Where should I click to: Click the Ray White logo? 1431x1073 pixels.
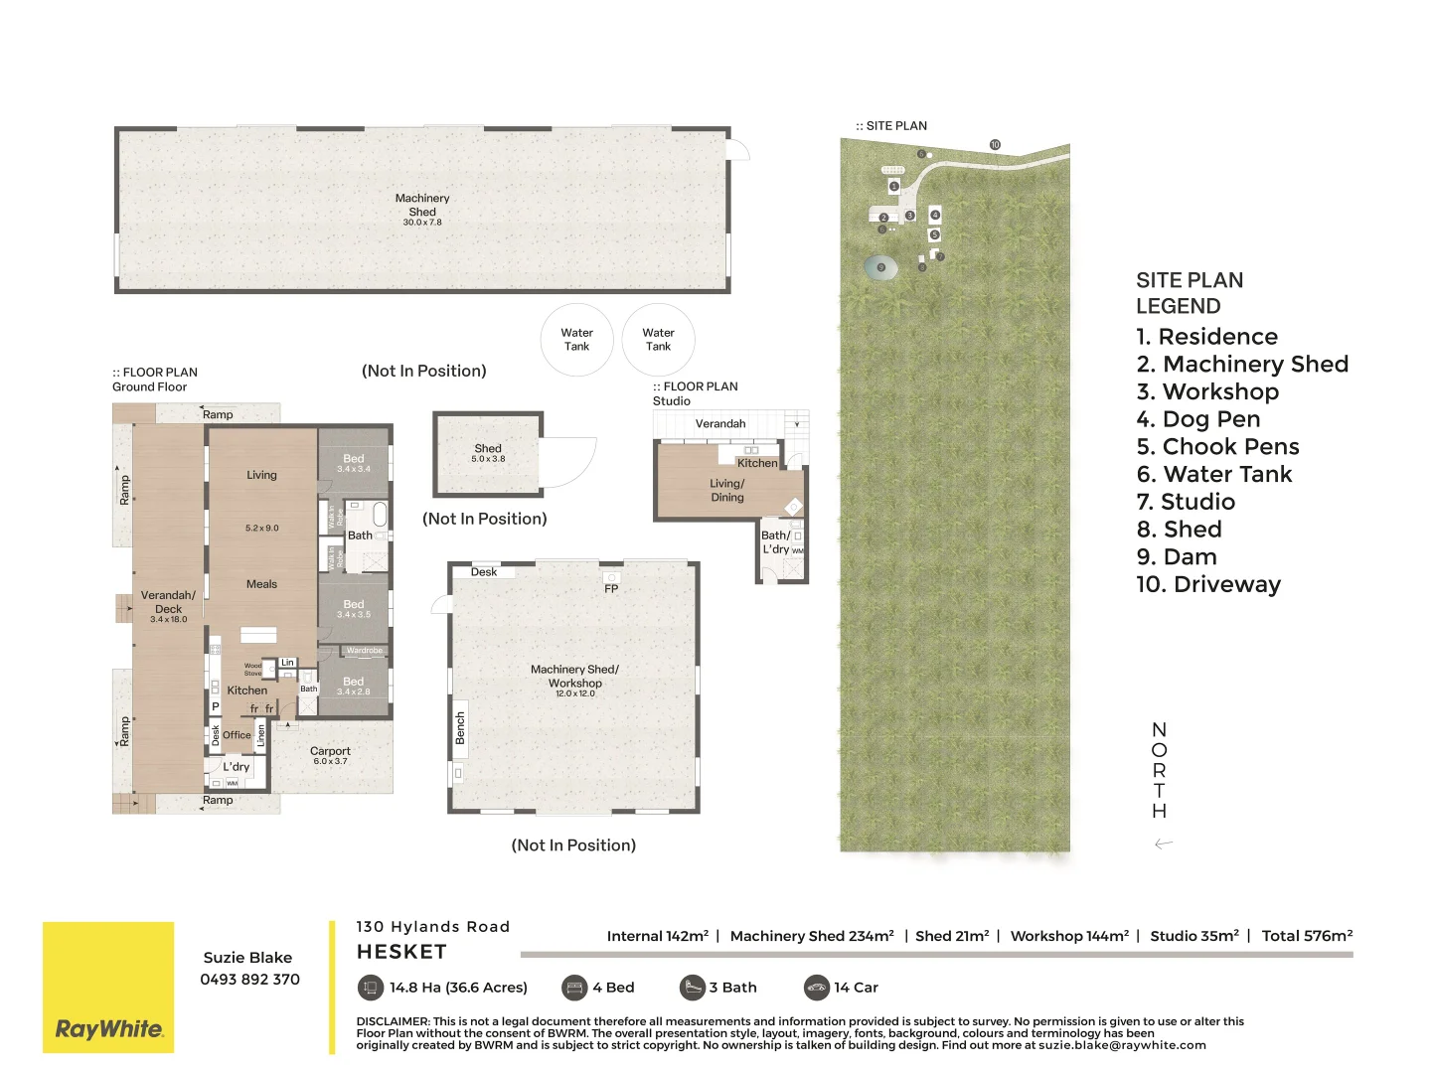pos(108,1028)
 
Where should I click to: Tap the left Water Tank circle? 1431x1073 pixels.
pos(576,340)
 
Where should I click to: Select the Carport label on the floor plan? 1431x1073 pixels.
pos(330,751)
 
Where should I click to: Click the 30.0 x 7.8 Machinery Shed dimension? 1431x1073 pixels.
pos(422,223)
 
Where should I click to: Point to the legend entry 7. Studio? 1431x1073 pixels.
pos(1186,502)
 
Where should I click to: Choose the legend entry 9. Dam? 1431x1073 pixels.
pos(1177,557)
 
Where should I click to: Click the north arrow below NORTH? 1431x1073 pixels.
pos(1164,843)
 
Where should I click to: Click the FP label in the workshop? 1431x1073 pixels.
pos(611,588)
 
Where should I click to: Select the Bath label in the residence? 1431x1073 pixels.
pos(360,536)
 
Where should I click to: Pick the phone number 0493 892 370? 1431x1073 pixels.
pos(249,979)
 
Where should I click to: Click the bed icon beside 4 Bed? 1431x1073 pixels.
pos(574,988)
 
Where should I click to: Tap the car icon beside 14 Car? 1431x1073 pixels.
pos(816,988)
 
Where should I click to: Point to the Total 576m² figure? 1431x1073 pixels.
pos(1307,936)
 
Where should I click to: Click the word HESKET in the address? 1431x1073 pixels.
pos(401,952)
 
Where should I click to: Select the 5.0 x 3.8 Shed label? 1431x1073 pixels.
pos(488,459)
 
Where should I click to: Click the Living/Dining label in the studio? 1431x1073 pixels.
pos(726,490)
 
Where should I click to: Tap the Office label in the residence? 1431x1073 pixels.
pos(237,735)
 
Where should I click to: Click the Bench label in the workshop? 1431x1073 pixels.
pos(460,727)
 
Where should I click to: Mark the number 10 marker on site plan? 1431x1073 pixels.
pos(995,145)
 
